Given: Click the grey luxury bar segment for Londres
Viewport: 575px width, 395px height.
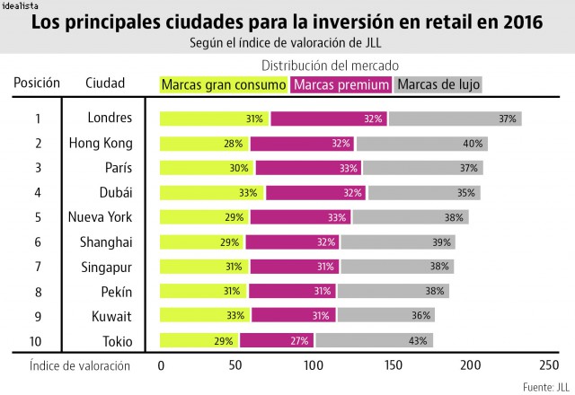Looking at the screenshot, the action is pyautogui.click(x=456, y=118).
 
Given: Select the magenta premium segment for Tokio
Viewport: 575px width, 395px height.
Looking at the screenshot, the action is pyautogui.click(x=277, y=340).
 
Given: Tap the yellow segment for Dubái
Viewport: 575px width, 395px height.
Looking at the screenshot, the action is pyautogui.click(x=212, y=193).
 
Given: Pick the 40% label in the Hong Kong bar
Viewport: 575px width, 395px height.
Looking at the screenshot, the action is pyautogui.click(x=473, y=144).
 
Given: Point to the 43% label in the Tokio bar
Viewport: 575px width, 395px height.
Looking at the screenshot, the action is pyautogui.click(x=418, y=341).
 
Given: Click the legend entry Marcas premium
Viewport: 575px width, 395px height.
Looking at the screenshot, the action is pyautogui.click(x=341, y=84).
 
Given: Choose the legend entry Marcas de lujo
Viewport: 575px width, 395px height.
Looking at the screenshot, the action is pyautogui.click(x=438, y=84).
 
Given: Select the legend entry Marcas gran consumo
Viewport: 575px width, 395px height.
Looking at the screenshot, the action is pyautogui.click(x=224, y=84).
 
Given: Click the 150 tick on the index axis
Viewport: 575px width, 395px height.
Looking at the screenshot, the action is pyautogui.click(x=394, y=365).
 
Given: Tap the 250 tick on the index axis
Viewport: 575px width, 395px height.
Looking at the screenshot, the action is pyautogui.click(x=549, y=365).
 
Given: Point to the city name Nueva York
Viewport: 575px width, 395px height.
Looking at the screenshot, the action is pyautogui.click(x=100, y=217).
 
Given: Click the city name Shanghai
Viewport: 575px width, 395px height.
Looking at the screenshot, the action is pyautogui.click(x=106, y=242).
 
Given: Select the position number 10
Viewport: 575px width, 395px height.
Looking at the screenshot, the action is pyautogui.click(x=35, y=341).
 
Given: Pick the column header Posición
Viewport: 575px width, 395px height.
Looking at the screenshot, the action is pyautogui.click(x=37, y=83).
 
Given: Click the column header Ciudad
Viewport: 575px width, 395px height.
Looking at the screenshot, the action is pyautogui.click(x=105, y=83).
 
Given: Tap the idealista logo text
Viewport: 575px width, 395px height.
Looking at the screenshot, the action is pyautogui.click(x=20, y=5).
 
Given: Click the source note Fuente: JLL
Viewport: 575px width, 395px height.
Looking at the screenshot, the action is pyautogui.click(x=546, y=387).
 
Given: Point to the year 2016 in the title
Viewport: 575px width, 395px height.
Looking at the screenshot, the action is pyautogui.click(x=523, y=22).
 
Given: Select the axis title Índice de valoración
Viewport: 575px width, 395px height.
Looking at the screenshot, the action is pyautogui.click(x=80, y=365).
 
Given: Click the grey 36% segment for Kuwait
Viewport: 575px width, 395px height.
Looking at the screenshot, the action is pyautogui.click(x=386, y=315).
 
